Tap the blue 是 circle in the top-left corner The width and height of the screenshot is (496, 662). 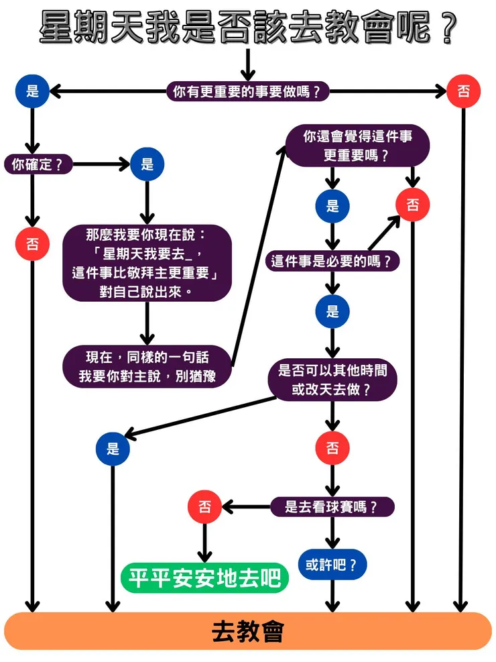32,92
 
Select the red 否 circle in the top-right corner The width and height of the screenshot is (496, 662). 463,92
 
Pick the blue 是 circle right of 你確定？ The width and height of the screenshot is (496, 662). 147,164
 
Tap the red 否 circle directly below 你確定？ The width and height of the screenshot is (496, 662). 32,244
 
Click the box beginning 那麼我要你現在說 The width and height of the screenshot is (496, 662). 147,263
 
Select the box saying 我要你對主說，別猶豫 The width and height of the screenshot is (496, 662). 147,366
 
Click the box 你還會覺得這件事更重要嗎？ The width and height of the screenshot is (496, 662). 357,146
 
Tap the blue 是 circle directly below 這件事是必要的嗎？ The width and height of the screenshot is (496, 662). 332,312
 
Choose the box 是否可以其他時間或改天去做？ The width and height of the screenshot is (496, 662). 332,380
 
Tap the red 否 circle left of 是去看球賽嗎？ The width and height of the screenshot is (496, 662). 205,507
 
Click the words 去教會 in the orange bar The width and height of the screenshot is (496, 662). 247,631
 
